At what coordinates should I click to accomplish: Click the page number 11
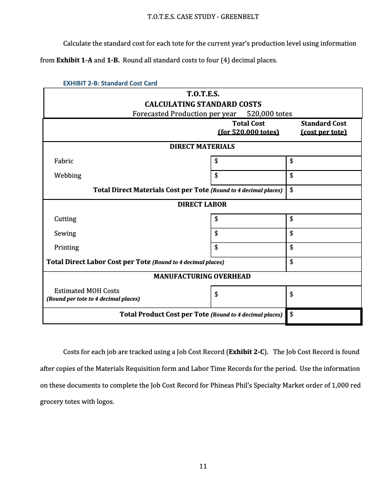[203, 466]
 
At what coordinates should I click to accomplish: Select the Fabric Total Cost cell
[248, 161]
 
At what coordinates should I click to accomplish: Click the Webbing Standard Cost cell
[324, 175]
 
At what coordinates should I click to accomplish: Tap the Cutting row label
[66, 219]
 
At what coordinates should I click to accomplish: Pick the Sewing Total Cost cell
[248, 233]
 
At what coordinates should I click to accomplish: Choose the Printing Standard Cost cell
[324, 247]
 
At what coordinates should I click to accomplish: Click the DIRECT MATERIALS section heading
[202, 147]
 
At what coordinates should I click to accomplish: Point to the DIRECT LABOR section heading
[202, 204]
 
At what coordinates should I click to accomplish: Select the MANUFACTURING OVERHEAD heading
[202, 276]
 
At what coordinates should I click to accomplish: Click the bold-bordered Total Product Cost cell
[324, 316]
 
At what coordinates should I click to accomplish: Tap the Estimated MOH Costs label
[87, 291]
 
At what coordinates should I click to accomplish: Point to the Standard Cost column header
[324, 128]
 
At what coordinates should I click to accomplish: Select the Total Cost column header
[248, 128]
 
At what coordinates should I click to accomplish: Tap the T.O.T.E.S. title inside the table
[203, 94]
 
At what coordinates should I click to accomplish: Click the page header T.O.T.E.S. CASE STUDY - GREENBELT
[203, 17]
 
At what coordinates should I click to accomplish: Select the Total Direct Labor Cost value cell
[324, 262]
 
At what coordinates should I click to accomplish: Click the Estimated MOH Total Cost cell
[248, 294]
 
